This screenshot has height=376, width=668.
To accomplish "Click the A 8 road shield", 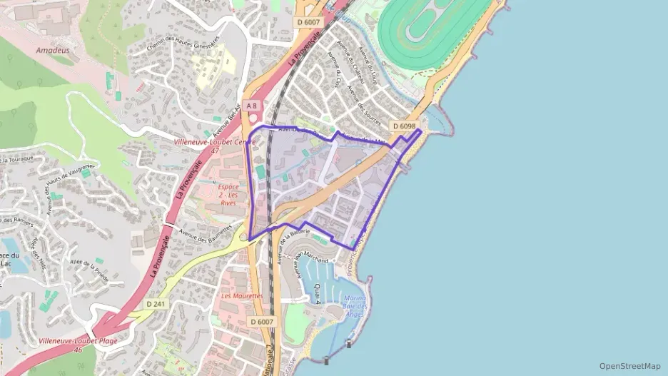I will pos(251,106).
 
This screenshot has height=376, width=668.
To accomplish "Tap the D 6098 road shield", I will pos(404,126).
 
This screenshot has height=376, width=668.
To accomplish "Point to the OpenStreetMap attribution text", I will pos(629,366).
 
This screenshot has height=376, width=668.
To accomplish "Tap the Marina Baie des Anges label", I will pos(355,306).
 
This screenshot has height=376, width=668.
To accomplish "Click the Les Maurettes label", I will pos(242,295).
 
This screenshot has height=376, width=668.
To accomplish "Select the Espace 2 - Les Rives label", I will pos(228,195).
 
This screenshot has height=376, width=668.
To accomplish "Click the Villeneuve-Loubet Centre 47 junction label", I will pos(215,146).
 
